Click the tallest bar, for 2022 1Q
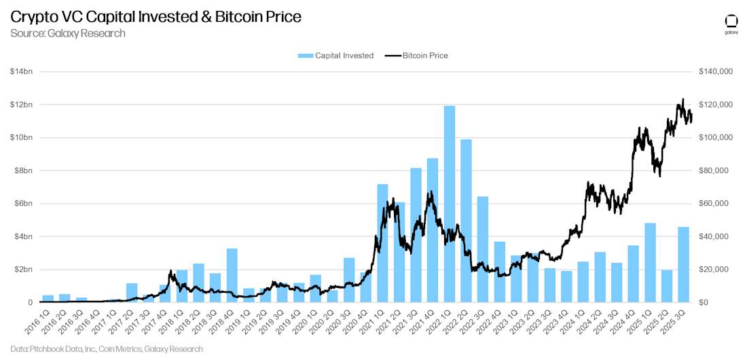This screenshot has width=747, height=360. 450,204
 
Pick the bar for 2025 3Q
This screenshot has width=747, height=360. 683,264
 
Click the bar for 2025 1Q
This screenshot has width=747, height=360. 650,262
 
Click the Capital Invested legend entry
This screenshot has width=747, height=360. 335,56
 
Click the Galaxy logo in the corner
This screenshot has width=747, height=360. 731,22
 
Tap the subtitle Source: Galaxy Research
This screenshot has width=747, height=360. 68,33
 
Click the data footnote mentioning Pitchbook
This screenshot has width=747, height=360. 106,349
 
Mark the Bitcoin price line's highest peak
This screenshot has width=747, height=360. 682,100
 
